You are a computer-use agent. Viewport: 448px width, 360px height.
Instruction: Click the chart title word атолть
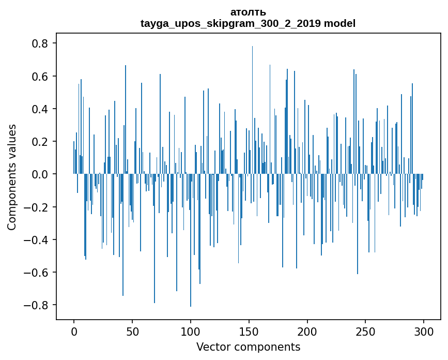coord(248,12)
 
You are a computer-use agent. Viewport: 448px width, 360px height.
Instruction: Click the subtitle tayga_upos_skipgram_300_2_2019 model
coord(248,23)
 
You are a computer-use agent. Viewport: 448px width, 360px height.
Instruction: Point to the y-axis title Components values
coord(12,177)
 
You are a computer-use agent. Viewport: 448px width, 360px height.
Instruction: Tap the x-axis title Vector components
coord(248,347)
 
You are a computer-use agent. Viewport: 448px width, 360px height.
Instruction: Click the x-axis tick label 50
coord(132,331)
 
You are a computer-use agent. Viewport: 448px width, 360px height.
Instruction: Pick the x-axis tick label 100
coord(191,331)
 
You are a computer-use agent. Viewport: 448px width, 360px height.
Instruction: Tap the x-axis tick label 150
coord(249,331)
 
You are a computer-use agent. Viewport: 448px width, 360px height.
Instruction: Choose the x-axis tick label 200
coord(307,331)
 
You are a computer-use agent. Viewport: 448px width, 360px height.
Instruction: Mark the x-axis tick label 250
coord(366,331)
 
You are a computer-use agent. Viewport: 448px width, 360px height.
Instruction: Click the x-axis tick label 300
coord(424,331)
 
